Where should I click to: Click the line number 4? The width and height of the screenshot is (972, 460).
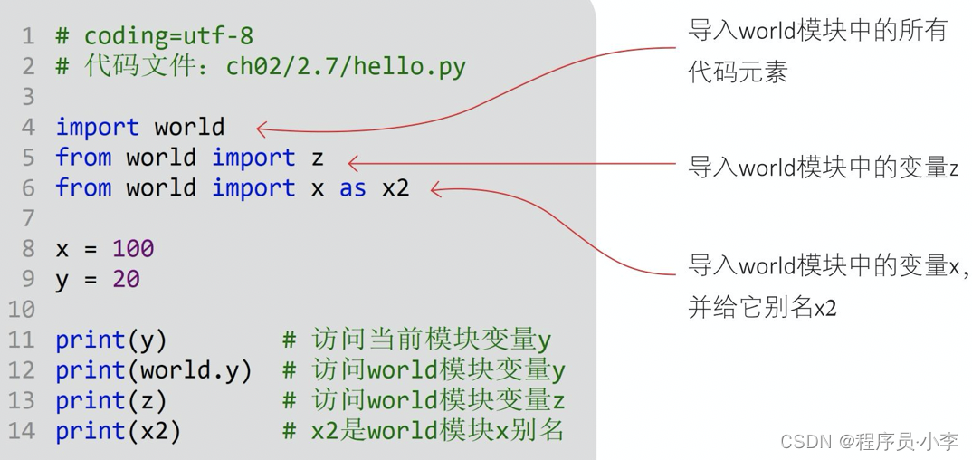click(27, 127)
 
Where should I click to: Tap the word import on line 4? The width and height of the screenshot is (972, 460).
click(98, 127)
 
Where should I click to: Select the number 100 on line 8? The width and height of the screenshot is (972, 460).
click(133, 248)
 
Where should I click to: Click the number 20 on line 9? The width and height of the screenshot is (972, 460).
click(126, 279)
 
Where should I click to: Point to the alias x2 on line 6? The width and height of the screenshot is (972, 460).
click(395, 187)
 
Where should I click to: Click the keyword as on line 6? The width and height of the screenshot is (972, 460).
click(353, 187)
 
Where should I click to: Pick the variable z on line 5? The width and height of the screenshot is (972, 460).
click(317, 158)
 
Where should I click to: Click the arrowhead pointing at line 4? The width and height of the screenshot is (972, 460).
click(262, 129)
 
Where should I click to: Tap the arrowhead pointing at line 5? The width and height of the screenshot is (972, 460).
click(354, 163)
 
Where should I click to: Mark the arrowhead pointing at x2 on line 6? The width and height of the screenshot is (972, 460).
click(436, 189)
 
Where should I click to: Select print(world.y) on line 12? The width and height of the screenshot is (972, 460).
click(154, 370)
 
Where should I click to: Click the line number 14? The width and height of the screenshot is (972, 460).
click(22, 431)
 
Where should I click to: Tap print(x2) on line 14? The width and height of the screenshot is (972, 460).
click(119, 431)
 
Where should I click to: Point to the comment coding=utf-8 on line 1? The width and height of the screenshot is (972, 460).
click(168, 36)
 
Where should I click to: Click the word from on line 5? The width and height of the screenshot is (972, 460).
click(83, 158)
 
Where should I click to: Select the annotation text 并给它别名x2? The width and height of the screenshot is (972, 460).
click(762, 308)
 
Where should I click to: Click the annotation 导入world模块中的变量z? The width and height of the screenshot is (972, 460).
click(823, 168)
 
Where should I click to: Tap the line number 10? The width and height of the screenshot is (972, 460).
click(22, 310)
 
